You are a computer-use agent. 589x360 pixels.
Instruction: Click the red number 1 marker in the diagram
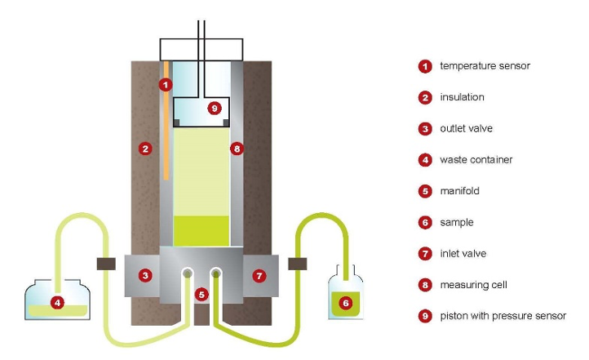(x=166, y=84)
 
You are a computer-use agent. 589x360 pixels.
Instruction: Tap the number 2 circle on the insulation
(x=144, y=149)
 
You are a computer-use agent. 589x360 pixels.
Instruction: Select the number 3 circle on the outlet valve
(x=145, y=276)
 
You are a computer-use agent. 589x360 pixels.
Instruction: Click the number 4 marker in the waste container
(x=57, y=303)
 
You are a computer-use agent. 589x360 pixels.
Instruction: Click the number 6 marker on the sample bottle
(x=345, y=303)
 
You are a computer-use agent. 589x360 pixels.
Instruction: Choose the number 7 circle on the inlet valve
(x=259, y=276)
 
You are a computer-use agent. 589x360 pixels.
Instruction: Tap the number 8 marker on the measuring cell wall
(x=237, y=149)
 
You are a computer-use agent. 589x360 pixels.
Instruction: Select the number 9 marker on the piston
(x=214, y=107)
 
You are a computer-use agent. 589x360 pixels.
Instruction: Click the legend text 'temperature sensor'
(x=485, y=66)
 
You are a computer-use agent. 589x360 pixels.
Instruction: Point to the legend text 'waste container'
(x=476, y=160)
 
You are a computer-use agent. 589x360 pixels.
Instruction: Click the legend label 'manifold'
(x=460, y=191)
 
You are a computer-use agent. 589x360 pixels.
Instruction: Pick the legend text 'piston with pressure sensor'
(x=503, y=316)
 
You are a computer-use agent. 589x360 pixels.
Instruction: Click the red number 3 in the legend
(x=425, y=129)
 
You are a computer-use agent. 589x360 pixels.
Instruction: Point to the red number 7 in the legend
(x=425, y=254)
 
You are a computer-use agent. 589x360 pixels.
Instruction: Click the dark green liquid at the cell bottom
(x=201, y=229)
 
